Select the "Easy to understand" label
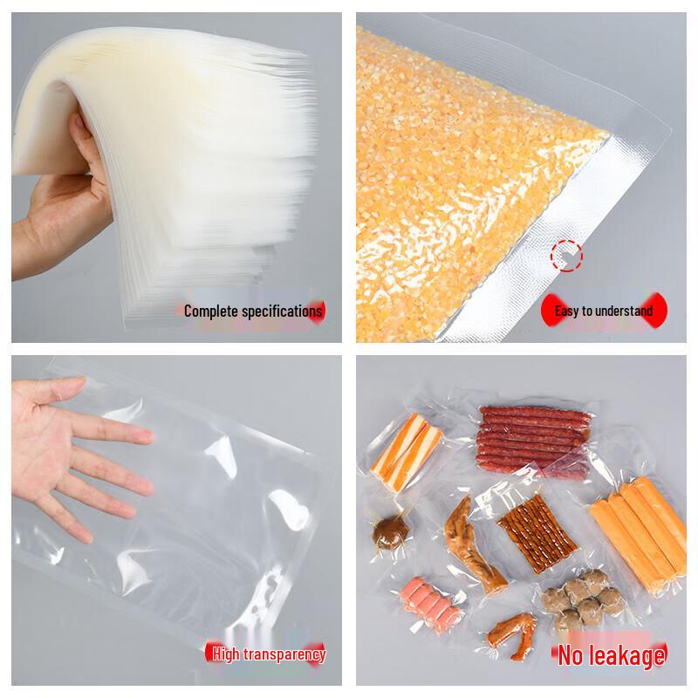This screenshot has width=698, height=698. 604,311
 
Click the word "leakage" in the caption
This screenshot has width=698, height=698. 624,654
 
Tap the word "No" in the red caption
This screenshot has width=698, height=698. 571,654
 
